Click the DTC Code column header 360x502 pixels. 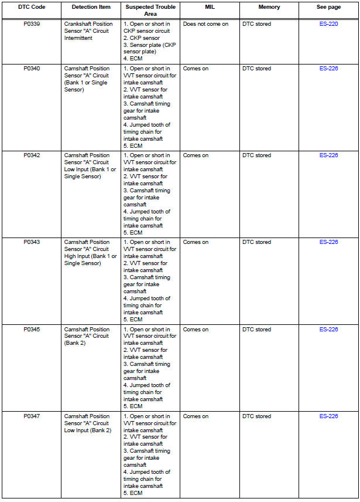(32, 7)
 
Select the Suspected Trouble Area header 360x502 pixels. (150, 10)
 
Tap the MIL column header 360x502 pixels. (210, 7)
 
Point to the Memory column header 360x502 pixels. (269, 7)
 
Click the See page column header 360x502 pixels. (328, 7)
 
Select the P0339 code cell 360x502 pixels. (32, 24)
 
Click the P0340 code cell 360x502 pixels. (32, 69)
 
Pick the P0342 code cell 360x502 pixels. (32, 155)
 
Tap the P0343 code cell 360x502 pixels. (32, 242)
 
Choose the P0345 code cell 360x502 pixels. (32, 330)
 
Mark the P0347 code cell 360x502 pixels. (32, 416)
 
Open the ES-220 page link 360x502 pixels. (328, 24)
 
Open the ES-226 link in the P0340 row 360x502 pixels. (328, 69)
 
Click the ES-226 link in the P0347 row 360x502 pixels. (328, 416)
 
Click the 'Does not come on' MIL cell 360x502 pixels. (205, 24)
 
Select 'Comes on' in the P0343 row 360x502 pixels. (196, 242)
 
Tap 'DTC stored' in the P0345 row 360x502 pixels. (256, 330)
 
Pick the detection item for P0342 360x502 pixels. (90, 166)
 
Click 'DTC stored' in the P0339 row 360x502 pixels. (256, 24)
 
